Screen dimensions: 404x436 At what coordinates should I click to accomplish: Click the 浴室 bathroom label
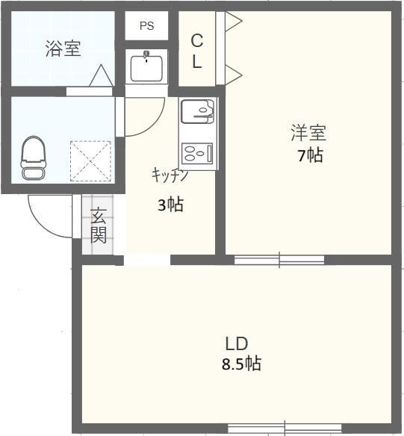pyautogui.click(x=63, y=49)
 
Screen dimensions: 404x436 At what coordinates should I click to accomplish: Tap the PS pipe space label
pyautogui.click(x=147, y=26)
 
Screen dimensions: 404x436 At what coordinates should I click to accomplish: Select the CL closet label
pyautogui.click(x=197, y=52)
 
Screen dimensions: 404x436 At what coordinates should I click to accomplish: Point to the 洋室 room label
pyautogui.click(x=308, y=133)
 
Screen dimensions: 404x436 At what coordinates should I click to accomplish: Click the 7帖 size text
pyautogui.click(x=311, y=155)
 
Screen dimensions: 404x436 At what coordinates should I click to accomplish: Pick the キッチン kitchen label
pyautogui.click(x=170, y=175)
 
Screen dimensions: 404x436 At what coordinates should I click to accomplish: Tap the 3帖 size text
pyautogui.click(x=170, y=205)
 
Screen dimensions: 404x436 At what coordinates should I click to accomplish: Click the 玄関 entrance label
pyautogui.click(x=99, y=225)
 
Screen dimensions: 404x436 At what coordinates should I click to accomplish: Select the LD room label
pyautogui.click(x=237, y=343)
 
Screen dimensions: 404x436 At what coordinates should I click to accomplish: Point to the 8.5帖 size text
pyautogui.click(x=241, y=364)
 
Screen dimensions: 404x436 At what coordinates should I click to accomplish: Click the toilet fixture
pyautogui.click(x=34, y=158)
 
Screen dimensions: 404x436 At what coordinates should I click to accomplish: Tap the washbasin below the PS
pyautogui.click(x=146, y=66)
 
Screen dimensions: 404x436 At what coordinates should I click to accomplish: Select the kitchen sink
pyautogui.click(x=197, y=111)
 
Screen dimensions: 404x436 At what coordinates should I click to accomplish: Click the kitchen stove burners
pyautogui.click(x=197, y=154)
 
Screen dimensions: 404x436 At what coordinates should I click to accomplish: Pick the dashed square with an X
pyautogui.click(x=90, y=161)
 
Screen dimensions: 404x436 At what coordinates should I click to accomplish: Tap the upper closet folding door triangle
pyautogui.click(x=234, y=21)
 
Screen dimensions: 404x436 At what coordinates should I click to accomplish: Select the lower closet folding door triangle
pyautogui.click(x=234, y=75)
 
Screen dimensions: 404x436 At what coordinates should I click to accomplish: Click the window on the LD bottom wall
pyautogui.click(x=285, y=429)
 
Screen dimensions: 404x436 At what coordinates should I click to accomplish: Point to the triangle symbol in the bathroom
pyautogui.click(x=102, y=75)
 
